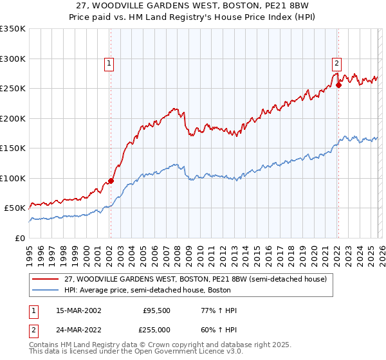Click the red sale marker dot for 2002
[111, 181]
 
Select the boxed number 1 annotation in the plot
[109, 63]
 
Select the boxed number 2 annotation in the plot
[336, 63]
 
